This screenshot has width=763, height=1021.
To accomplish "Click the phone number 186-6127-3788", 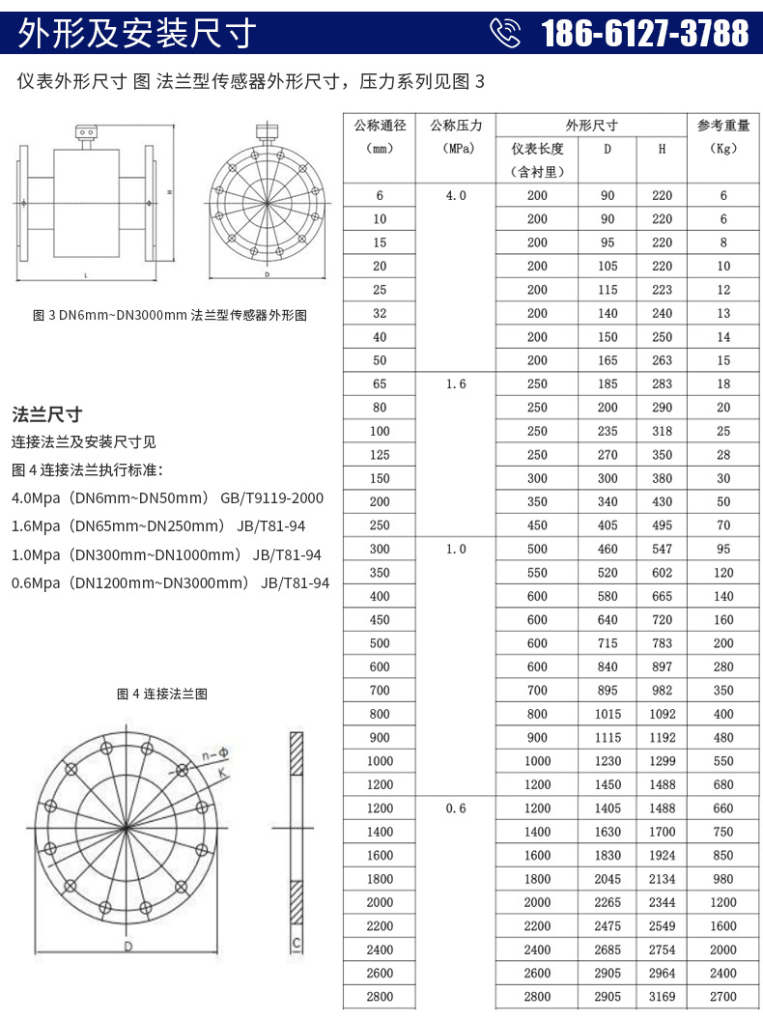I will tap(644, 34).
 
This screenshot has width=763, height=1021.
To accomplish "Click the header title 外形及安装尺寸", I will tap(137, 34).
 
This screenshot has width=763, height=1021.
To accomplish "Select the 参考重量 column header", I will tap(723, 126).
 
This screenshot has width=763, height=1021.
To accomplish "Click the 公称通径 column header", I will tap(380, 126).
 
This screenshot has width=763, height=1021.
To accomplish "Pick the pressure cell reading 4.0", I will tap(456, 195).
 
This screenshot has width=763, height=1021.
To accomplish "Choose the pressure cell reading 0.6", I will tap(456, 808).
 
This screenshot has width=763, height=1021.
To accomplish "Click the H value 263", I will tap(662, 360).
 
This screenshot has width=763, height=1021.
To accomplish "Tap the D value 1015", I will tap(608, 714).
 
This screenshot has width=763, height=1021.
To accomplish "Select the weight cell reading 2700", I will tap(723, 997).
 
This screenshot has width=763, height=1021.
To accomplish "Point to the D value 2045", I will tap(608, 879).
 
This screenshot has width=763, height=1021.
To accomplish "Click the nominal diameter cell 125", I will tap(380, 455).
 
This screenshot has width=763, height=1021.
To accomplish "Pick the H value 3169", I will tap(662, 997).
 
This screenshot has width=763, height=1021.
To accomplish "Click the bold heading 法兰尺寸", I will tap(46, 414).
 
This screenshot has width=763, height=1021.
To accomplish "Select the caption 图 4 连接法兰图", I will tap(161, 694).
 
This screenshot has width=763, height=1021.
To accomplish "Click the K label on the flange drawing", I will tap(222, 773).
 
